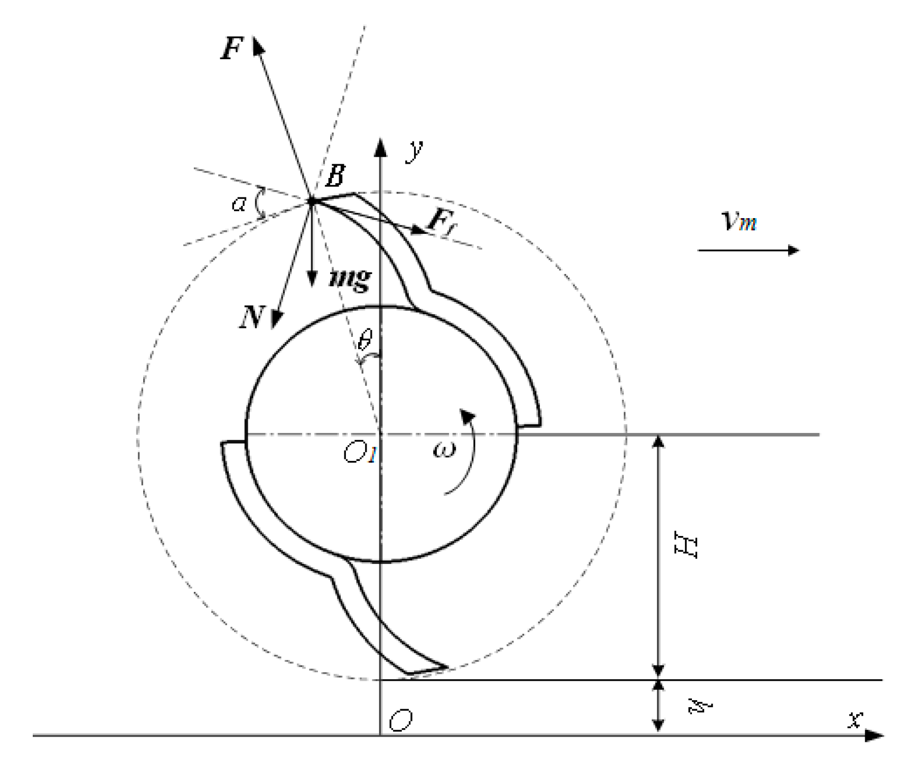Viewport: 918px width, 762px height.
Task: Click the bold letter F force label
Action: tap(232, 49)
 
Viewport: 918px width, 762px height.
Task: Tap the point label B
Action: tap(335, 176)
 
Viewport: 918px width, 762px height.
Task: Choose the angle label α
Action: tap(239, 204)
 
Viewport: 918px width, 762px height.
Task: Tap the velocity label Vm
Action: tap(738, 221)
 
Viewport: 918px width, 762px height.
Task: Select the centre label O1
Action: tap(359, 453)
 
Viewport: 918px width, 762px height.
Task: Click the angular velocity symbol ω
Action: tap(443, 450)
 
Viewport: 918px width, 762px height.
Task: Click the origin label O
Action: tap(400, 720)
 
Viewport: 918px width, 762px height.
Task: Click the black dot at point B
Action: tap(312, 201)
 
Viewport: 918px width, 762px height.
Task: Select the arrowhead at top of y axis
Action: tap(380, 147)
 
